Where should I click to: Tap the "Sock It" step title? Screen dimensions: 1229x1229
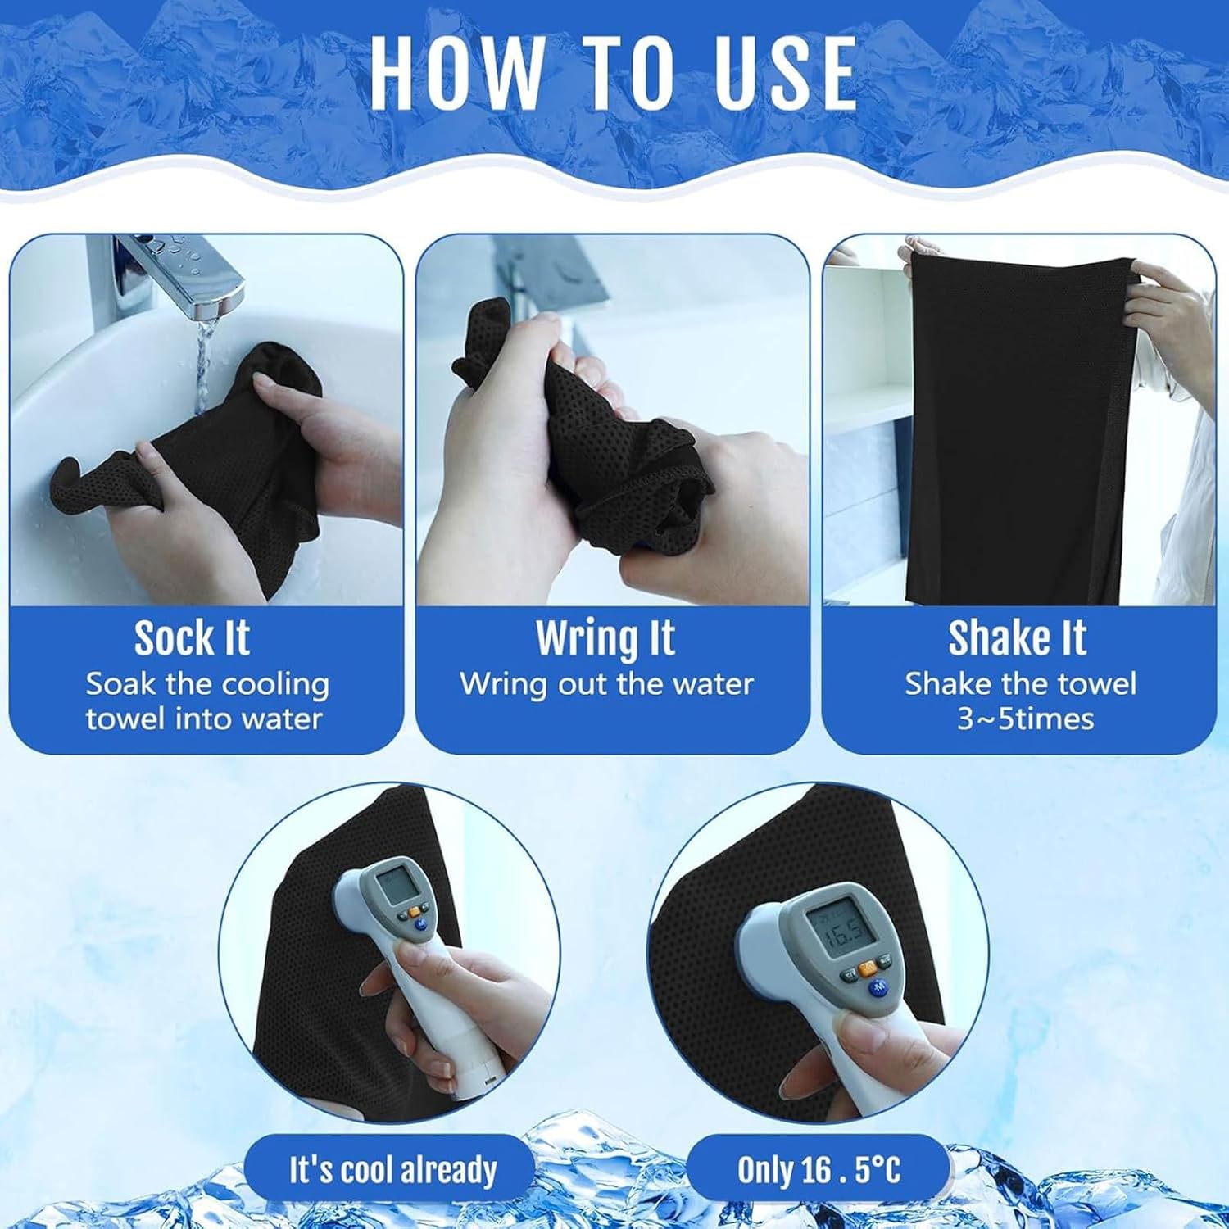click(x=192, y=638)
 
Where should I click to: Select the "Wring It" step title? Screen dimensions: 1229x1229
click(x=605, y=638)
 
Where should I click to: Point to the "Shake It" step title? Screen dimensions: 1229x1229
click(x=1018, y=638)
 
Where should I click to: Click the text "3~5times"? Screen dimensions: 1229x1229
click(x=1026, y=719)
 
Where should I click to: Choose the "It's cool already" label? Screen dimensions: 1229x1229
click(x=392, y=1170)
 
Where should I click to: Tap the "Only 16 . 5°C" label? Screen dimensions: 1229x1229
click(x=819, y=1170)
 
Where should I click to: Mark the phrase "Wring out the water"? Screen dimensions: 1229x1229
click(x=606, y=684)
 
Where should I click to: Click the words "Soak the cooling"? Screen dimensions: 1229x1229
click(x=207, y=684)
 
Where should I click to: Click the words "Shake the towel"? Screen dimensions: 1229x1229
click(x=1021, y=684)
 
